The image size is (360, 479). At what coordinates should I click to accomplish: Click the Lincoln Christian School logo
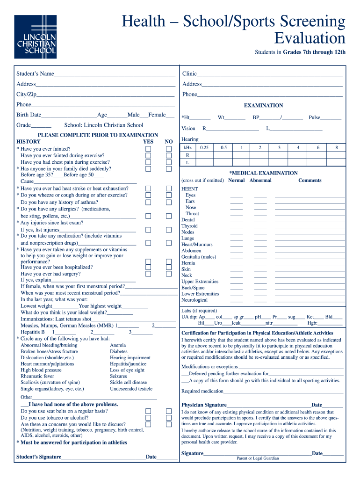point(35,36)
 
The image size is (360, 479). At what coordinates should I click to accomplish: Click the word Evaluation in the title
point(310,38)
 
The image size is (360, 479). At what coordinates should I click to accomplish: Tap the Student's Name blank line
point(115,74)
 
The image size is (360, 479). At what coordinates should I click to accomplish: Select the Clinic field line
point(270,74)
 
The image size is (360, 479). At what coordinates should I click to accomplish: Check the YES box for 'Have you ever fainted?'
point(148,149)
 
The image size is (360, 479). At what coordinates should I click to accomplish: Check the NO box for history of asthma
point(169,202)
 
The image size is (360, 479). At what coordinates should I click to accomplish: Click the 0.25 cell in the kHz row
point(204,148)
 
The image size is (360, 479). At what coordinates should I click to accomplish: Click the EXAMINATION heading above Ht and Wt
point(263,106)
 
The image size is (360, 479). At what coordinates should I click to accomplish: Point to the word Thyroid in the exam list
point(189,226)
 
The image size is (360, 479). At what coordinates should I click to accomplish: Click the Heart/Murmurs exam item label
point(197,244)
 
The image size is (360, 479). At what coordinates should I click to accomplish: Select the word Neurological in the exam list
point(194,300)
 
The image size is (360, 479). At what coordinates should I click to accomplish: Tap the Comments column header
point(310,180)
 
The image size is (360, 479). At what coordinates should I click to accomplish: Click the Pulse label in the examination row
point(314,118)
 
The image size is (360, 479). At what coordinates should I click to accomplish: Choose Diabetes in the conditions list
point(119,351)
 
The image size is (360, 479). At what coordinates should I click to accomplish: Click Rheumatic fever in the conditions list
point(37,376)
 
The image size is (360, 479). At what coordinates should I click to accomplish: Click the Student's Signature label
point(39,457)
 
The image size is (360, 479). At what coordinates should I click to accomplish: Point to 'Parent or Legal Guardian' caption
point(258,458)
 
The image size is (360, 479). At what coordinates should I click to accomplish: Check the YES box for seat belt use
point(148,411)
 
